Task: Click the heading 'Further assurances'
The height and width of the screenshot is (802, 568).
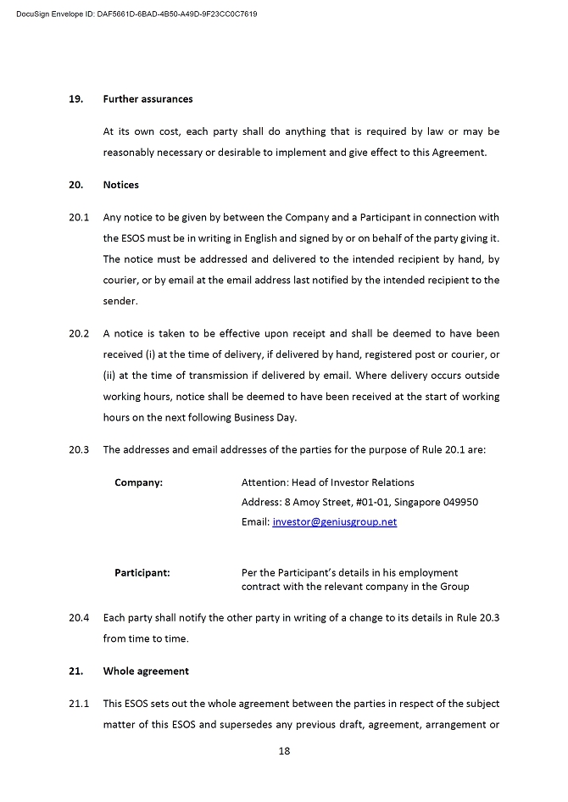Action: pyautogui.click(x=148, y=99)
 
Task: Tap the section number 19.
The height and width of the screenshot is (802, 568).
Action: pyautogui.click(x=75, y=99)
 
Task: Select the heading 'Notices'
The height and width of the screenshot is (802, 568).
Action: pyautogui.click(x=121, y=185)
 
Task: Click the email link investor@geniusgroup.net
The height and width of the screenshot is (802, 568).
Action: pyautogui.click(x=334, y=522)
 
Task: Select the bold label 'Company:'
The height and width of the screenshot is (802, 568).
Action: pyautogui.click(x=139, y=482)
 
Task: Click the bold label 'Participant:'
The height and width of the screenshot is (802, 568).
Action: pyautogui.click(x=142, y=572)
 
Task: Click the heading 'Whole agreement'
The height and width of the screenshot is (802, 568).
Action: pyautogui.click(x=146, y=671)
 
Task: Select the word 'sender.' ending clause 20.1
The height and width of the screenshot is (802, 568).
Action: pyautogui.click(x=120, y=301)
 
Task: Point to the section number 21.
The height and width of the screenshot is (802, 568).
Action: pyautogui.click(x=75, y=671)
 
